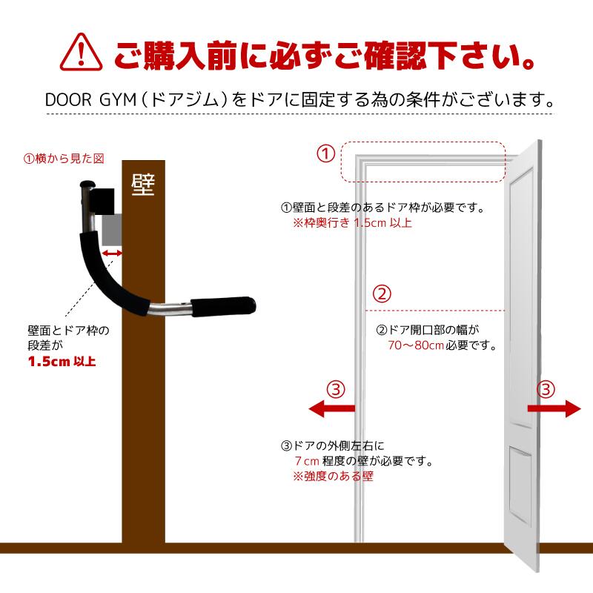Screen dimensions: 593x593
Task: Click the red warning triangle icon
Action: (81, 52)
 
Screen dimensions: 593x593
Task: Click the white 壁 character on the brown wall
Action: (143, 185)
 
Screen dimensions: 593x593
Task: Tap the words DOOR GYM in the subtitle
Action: (90, 100)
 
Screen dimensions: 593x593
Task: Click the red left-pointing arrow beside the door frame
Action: (331, 408)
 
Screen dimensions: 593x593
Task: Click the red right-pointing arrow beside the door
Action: (554, 408)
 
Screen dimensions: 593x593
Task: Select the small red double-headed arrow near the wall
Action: (112, 254)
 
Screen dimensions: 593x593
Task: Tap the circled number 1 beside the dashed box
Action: (325, 154)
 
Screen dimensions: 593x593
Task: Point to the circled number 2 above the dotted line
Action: (382, 294)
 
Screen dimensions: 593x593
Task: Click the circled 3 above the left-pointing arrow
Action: (336, 389)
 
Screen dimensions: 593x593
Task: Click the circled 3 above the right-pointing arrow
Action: (546, 389)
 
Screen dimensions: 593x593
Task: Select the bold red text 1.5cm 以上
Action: (62, 362)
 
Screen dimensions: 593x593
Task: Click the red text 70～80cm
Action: (416, 345)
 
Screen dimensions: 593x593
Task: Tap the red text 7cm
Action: (307, 461)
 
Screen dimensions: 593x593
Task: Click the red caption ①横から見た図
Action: (64, 159)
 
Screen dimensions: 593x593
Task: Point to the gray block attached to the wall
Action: (112, 230)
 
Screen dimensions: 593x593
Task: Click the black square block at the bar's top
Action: (102, 201)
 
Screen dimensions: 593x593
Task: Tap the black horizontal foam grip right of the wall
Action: (223, 306)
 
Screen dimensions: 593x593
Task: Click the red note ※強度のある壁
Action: (333, 476)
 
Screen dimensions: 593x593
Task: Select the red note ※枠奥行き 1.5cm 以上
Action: (352, 222)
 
